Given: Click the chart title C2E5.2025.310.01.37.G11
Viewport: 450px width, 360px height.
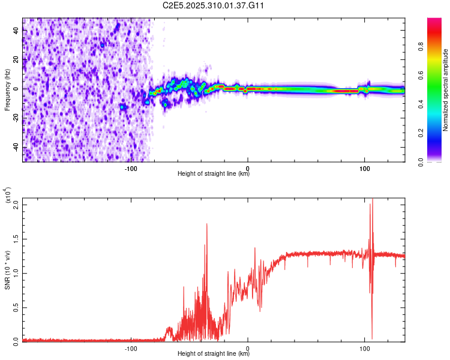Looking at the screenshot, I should pos(214,5).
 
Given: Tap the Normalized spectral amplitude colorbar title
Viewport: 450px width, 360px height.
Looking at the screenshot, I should pos(446,90).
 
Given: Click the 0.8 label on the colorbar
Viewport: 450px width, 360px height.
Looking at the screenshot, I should pos(421,46).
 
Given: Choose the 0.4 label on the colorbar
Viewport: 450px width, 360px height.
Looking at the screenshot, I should pos(421,104).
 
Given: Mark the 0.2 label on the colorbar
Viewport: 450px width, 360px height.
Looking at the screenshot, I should pos(421,133).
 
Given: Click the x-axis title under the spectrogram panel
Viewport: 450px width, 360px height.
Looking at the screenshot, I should pos(214,175).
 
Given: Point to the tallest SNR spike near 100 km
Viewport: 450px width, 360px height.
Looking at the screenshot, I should pos(372,200).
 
